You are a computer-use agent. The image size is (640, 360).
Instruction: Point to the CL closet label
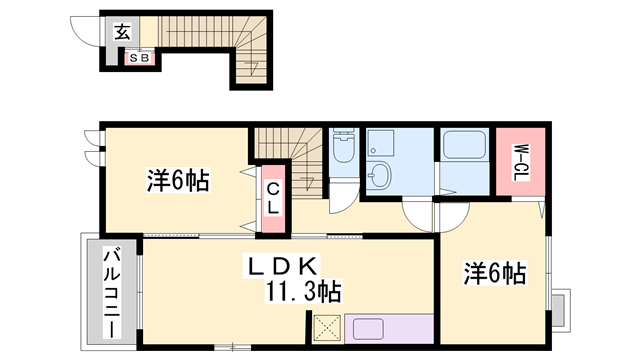[272, 196]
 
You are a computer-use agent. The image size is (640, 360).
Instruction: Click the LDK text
[283, 266]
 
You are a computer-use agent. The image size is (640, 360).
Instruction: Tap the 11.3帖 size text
[304, 292]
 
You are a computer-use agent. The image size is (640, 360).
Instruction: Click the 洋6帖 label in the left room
[178, 181]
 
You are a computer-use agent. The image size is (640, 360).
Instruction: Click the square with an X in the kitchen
[326, 329]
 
